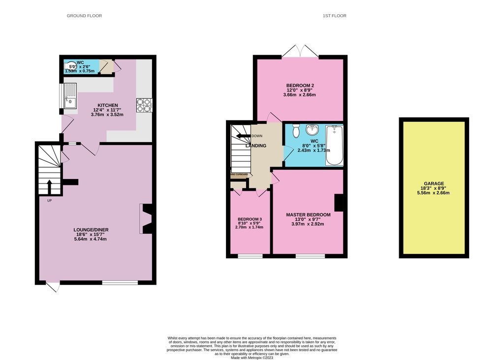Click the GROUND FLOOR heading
84,16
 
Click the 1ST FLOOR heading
334,16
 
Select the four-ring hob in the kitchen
144,105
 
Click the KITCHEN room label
107,105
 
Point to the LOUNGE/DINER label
90,230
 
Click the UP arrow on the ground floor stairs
49,187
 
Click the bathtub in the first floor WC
335,145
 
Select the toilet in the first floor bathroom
296,131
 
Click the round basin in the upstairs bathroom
312,130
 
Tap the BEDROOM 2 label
300,86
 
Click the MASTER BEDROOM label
308,215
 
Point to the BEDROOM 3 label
250,219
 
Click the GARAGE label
434,183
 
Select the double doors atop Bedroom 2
301,51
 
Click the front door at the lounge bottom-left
53,286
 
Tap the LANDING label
256,146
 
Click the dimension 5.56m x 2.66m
434,193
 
